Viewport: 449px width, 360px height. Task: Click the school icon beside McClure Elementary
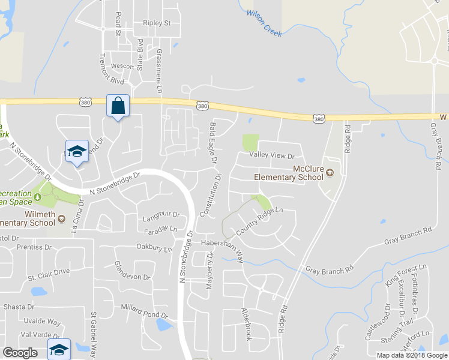click(x=330, y=174)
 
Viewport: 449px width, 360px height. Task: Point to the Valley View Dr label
click(x=273, y=155)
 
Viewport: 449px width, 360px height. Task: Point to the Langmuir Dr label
click(x=161, y=214)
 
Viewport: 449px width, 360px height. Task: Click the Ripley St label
click(x=157, y=23)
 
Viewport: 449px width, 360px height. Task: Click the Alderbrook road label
click(x=246, y=324)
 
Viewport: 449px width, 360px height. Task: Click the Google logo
click(x=20, y=353)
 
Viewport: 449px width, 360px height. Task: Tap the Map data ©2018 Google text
click(x=412, y=355)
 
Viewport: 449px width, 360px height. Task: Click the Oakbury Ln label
click(x=154, y=247)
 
